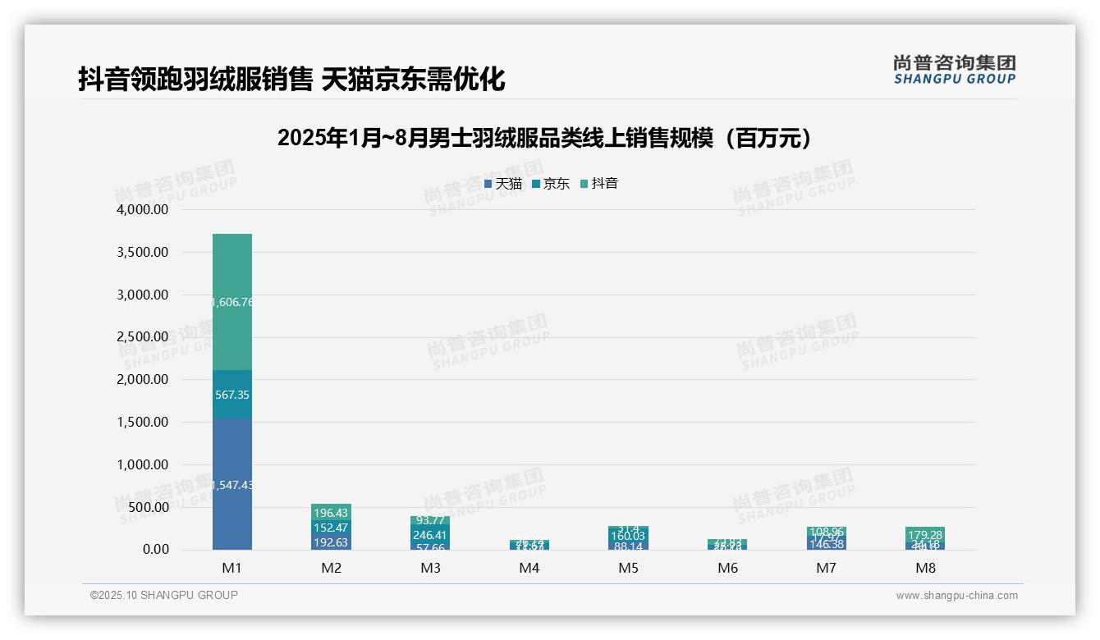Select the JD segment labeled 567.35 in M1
tap(232, 395)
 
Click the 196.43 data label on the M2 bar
tap(331, 513)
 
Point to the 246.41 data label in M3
tap(430, 536)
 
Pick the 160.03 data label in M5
tap(629, 536)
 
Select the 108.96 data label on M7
tap(827, 532)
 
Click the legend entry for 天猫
tap(503, 184)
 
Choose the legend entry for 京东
tap(551, 184)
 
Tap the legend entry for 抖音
tap(599, 184)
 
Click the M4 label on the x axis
tap(529, 568)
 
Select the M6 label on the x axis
tap(727, 568)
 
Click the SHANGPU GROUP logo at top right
tap(954, 70)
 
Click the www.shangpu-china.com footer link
tap(956, 596)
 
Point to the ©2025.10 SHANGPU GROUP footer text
tap(164, 595)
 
